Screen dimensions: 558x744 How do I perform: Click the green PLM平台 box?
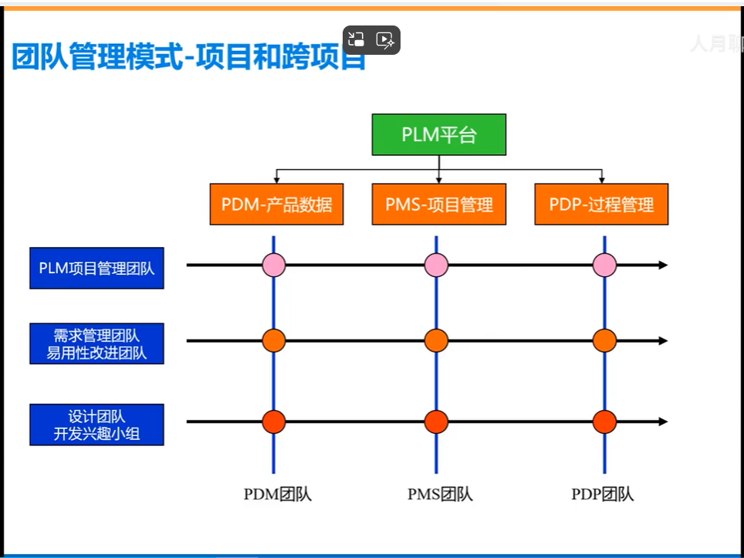coord(438,135)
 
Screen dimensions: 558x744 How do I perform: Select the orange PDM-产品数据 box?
coord(277,205)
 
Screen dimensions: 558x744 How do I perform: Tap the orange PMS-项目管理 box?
coord(439,205)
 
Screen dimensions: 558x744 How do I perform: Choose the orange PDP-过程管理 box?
coord(601,205)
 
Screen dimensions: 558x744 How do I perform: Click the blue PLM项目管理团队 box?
coord(96,268)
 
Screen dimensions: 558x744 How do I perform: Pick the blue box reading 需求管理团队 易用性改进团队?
coord(96,344)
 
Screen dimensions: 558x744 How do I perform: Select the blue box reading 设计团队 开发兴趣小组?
coord(96,424)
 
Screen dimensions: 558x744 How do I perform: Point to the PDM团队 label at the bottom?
coord(277,495)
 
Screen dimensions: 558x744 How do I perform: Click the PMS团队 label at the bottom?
coord(440,495)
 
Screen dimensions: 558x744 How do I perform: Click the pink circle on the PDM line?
coord(274,265)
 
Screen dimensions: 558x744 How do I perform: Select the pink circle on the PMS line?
coord(436,265)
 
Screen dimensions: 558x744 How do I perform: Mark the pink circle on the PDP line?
coord(604,265)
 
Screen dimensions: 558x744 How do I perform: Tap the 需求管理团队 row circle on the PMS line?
coord(436,340)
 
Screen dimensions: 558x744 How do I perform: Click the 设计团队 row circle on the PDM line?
coord(274,422)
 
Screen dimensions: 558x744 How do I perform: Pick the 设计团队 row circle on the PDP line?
coord(604,422)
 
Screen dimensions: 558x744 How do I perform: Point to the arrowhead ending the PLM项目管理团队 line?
coord(663,265)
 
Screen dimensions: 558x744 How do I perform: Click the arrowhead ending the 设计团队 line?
coord(663,422)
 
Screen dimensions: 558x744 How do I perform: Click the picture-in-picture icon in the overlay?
coord(357,40)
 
